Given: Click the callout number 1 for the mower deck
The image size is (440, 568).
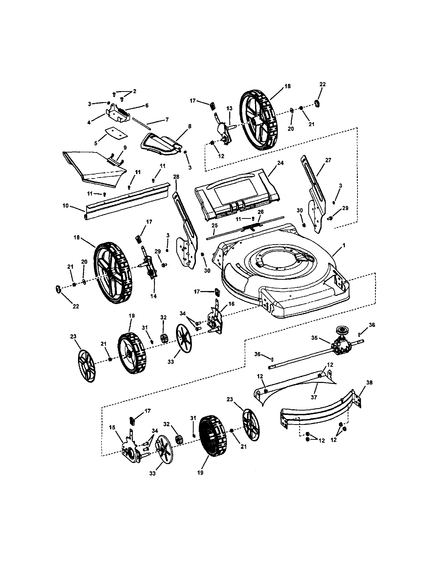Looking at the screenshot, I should pyautogui.click(x=344, y=245).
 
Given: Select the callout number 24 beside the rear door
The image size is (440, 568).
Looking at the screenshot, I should pyautogui.click(x=280, y=163).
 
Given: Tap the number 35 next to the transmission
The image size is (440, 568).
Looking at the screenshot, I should pyautogui.click(x=315, y=338).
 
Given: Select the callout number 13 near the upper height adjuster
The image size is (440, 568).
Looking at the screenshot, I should pyautogui.click(x=229, y=108).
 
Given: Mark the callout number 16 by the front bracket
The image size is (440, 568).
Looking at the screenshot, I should pyautogui.click(x=231, y=304).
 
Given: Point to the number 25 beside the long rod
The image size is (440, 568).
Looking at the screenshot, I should pyautogui.click(x=214, y=225).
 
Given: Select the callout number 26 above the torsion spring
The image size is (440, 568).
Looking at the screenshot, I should pyautogui.click(x=260, y=212).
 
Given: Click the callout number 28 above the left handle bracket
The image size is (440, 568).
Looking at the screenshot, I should pyautogui.click(x=176, y=177).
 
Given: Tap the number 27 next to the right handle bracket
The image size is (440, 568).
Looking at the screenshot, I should pyautogui.click(x=328, y=160).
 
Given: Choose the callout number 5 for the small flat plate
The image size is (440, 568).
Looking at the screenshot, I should pyautogui.click(x=96, y=143).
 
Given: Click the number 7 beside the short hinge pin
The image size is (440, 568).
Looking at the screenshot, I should pyautogui.click(x=167, y=120).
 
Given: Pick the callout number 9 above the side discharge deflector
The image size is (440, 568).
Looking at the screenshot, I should pyautogui.click(x=125, y=148).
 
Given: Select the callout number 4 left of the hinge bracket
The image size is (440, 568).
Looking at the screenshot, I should pyautogui.click(x=89, y=123).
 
